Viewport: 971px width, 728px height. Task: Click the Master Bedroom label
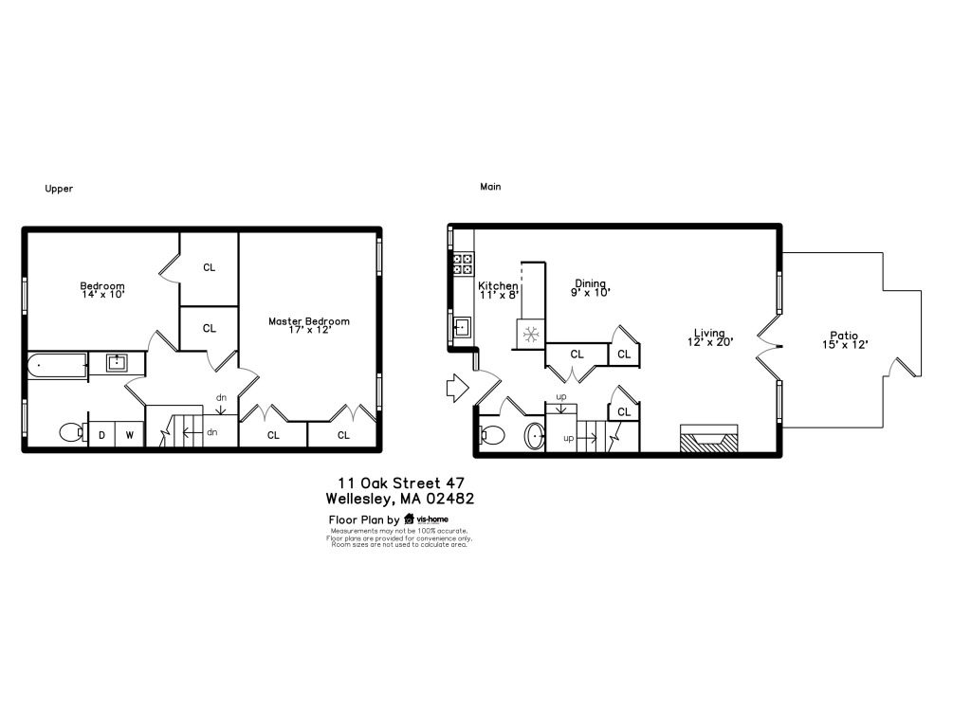[x=308, y=321]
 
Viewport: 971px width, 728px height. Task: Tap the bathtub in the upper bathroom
[x=57, y=365]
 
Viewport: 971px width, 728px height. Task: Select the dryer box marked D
[x=102, y=434]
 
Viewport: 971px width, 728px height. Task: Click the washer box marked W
[x=129, y=434]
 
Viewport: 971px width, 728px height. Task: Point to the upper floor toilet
[x=74, y=431]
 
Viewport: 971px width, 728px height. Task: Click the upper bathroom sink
[x=117, y=363]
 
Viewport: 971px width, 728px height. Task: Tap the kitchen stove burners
[x=463, y=264]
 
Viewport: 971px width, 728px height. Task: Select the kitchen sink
[x=462, y=326]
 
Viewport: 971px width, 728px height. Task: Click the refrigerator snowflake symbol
[x=531, y=335]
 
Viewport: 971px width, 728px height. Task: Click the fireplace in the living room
[x=709, y=438]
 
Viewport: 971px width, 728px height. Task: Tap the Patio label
[x=844, y=336]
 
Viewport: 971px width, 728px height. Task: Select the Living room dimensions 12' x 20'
[x=710, y=341]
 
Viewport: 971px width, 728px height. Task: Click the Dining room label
[x=590, y=283]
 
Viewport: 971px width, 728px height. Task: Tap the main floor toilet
[x=492, y=435]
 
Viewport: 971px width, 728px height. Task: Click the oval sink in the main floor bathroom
[x=535, y=436]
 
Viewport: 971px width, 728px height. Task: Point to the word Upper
[x=59, y=189]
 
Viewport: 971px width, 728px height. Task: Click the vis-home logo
[x=426, y=519]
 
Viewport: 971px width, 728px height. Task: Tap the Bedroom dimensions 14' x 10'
[x=103, y=295]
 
